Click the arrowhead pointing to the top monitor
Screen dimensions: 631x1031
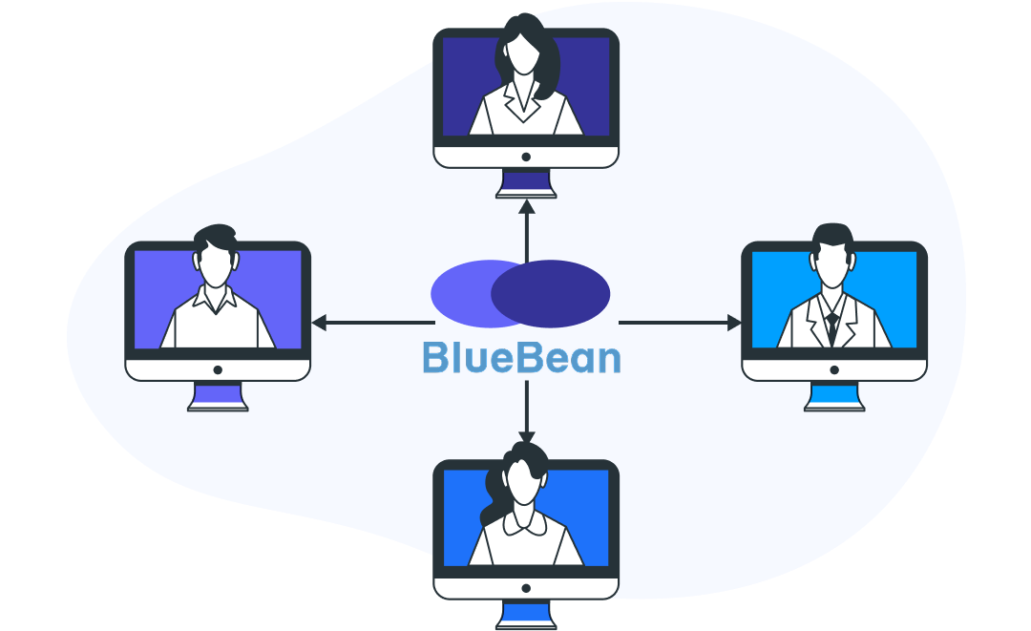(x=526, y=206)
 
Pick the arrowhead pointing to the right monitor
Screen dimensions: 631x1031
(x=734, y=323)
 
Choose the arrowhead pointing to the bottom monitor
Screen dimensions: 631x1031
(x=526, y=437)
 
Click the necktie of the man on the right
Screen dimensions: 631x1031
(x=832, y=326)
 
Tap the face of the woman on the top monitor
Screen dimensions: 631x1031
(x=522, y=56)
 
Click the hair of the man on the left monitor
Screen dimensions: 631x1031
(x=215, y=236)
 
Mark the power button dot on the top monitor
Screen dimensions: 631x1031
(x=526, y=157)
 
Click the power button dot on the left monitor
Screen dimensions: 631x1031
(x=218, y=369)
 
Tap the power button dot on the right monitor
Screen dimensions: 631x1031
(x=833, y=369)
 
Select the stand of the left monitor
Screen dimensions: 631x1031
(x=218, y=395)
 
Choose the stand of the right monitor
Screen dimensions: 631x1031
(x=833, y=395)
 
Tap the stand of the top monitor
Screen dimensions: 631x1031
(x=526, y=182)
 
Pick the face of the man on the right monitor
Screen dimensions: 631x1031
(x=832, y=267)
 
